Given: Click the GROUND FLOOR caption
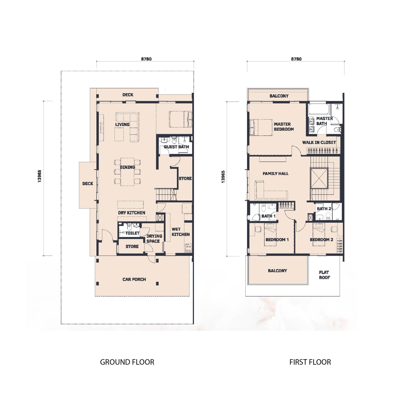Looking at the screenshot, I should [x=127, y=362].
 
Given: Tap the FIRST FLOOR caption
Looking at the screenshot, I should [x=310, y=362].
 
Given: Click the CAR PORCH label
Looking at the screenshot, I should [x=134, y=279].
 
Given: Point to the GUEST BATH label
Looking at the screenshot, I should [x=176, y=147].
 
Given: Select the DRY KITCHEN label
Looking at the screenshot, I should [x=131, y=212].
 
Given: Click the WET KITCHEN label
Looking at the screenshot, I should [x=180, y=232].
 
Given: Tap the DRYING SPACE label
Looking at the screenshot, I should [x=154, y=238].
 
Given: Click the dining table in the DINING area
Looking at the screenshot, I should [x=127, y=172].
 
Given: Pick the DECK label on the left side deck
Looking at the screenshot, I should [x=88, y=183].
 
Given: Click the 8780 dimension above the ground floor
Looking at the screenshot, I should [x=146, y=59].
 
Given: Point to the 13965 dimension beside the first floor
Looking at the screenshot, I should [x=223, y=176].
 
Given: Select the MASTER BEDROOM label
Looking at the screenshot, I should [x=284, y=126].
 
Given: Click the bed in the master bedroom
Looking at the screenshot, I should [x=261, y=127].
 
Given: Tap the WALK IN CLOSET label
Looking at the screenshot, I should [x=319, y=142].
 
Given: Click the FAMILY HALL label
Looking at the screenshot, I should [x=275, y=173].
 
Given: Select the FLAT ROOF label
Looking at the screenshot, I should [x=324, y=275].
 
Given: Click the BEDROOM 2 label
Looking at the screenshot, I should [x=321, y=239].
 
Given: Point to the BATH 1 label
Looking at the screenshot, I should [x=268, y=216].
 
